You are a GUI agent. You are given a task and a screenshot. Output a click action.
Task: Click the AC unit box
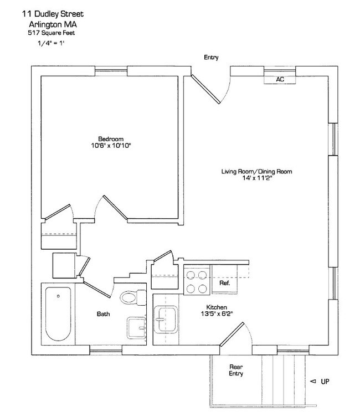(x=280, y=79)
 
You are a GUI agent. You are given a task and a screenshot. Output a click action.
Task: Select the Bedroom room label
(x=111, y=138)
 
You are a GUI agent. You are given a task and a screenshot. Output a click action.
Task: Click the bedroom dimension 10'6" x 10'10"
(x=111, y=146)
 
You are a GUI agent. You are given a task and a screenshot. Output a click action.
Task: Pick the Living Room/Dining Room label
(x=256, y=172)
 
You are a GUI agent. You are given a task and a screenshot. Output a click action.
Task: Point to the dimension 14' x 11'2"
(x=256, y=179)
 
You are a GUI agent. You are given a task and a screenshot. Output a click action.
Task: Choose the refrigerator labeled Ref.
(x=225, y=282)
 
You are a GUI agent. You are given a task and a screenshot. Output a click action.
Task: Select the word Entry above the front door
(x=211, y=57)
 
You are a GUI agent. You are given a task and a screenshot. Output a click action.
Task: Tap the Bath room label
(x=103, y=314)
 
